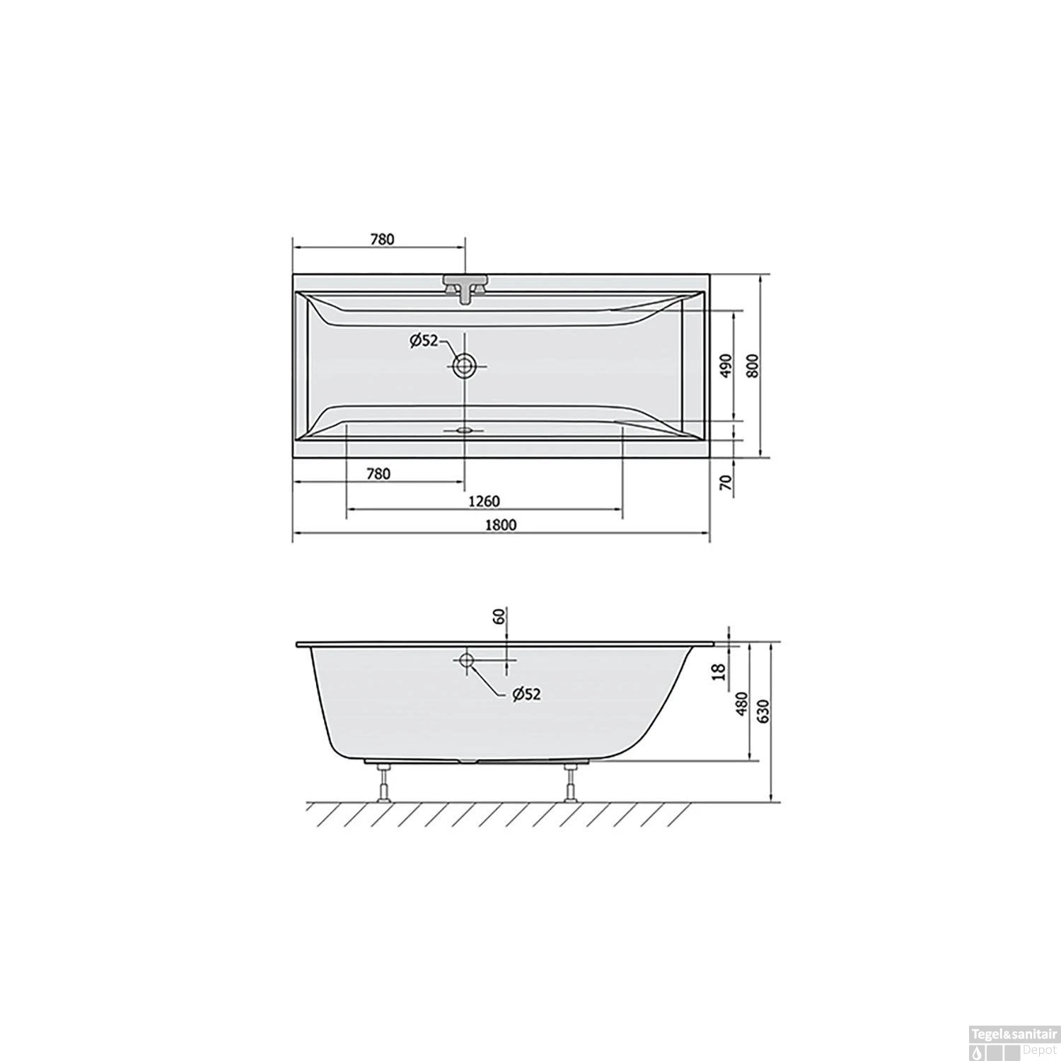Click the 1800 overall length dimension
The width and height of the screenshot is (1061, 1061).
(x=501, y=524)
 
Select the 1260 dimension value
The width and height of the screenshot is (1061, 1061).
(x=484, y=501)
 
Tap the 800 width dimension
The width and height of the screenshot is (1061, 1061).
(x=753, y=365)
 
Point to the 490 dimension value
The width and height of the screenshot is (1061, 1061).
(x=725, y=365)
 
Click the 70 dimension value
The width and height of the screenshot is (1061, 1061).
(x=725, y=483)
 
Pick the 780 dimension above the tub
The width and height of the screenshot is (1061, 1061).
(x=381, y=239)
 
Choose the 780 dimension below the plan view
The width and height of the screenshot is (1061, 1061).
(x=378, y=474)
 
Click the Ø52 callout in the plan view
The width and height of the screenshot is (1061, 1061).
(x=424, y=341)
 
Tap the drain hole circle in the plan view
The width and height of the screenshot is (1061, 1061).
(x=465, y=366)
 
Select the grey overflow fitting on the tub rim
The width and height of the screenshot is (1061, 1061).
(x=465, y=286)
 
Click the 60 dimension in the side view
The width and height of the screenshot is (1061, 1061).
(x=499, y=616)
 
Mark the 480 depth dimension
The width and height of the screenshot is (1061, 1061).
(x=741, y=705)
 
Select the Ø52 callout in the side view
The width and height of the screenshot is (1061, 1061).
(x=526, y=695)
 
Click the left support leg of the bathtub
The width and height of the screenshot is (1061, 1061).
(x=384, y=784)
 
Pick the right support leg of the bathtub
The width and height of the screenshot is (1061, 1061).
(x=570, y=784)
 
